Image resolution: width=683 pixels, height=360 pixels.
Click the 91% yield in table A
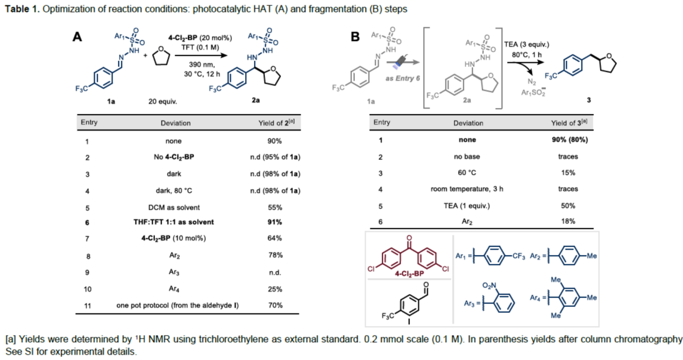point(275,222)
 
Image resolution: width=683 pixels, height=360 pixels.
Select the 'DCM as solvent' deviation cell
point(174,208)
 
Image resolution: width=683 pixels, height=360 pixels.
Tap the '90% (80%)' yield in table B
point(570,140)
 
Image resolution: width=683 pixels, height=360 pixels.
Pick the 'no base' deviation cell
point(467,157)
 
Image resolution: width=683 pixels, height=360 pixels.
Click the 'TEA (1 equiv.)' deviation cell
point(466,206)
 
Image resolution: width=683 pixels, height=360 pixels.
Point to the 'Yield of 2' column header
point(276,122)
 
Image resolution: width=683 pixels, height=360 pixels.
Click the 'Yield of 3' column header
point(569,122)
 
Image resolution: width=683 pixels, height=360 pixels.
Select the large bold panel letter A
point(77,37)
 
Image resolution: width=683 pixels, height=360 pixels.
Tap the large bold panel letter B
point(355,37)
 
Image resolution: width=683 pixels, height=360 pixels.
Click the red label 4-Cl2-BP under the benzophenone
point(409,274)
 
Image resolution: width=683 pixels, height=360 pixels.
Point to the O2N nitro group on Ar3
point(489,286)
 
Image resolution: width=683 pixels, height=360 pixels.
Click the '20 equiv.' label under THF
point(162,101)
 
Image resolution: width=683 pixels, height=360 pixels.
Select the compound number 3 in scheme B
point(588,100)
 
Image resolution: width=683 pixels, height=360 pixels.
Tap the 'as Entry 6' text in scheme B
point(402,79)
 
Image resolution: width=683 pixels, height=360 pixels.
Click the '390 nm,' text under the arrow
point(202,65)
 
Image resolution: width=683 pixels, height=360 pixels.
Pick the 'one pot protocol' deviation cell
point(177,306)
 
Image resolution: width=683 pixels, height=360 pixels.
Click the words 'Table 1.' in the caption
point(22,9)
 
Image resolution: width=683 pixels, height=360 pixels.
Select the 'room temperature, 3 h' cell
point(466,189)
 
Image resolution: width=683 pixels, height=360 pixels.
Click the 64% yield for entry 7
point(274,238)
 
